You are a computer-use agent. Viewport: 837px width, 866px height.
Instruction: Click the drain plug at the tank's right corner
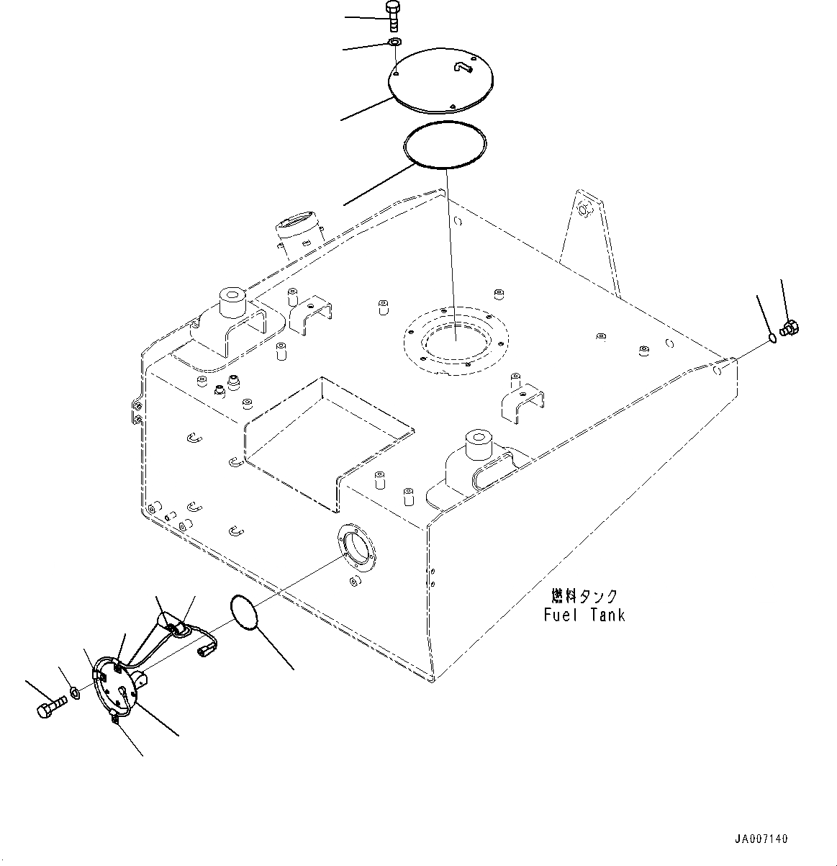pos(789,329)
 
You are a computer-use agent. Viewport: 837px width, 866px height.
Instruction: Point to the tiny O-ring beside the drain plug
pos(772,337)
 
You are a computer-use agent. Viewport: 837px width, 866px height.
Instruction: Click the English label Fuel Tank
pos(584,615)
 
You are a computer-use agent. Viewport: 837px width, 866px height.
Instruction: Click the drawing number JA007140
pos(761,839)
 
